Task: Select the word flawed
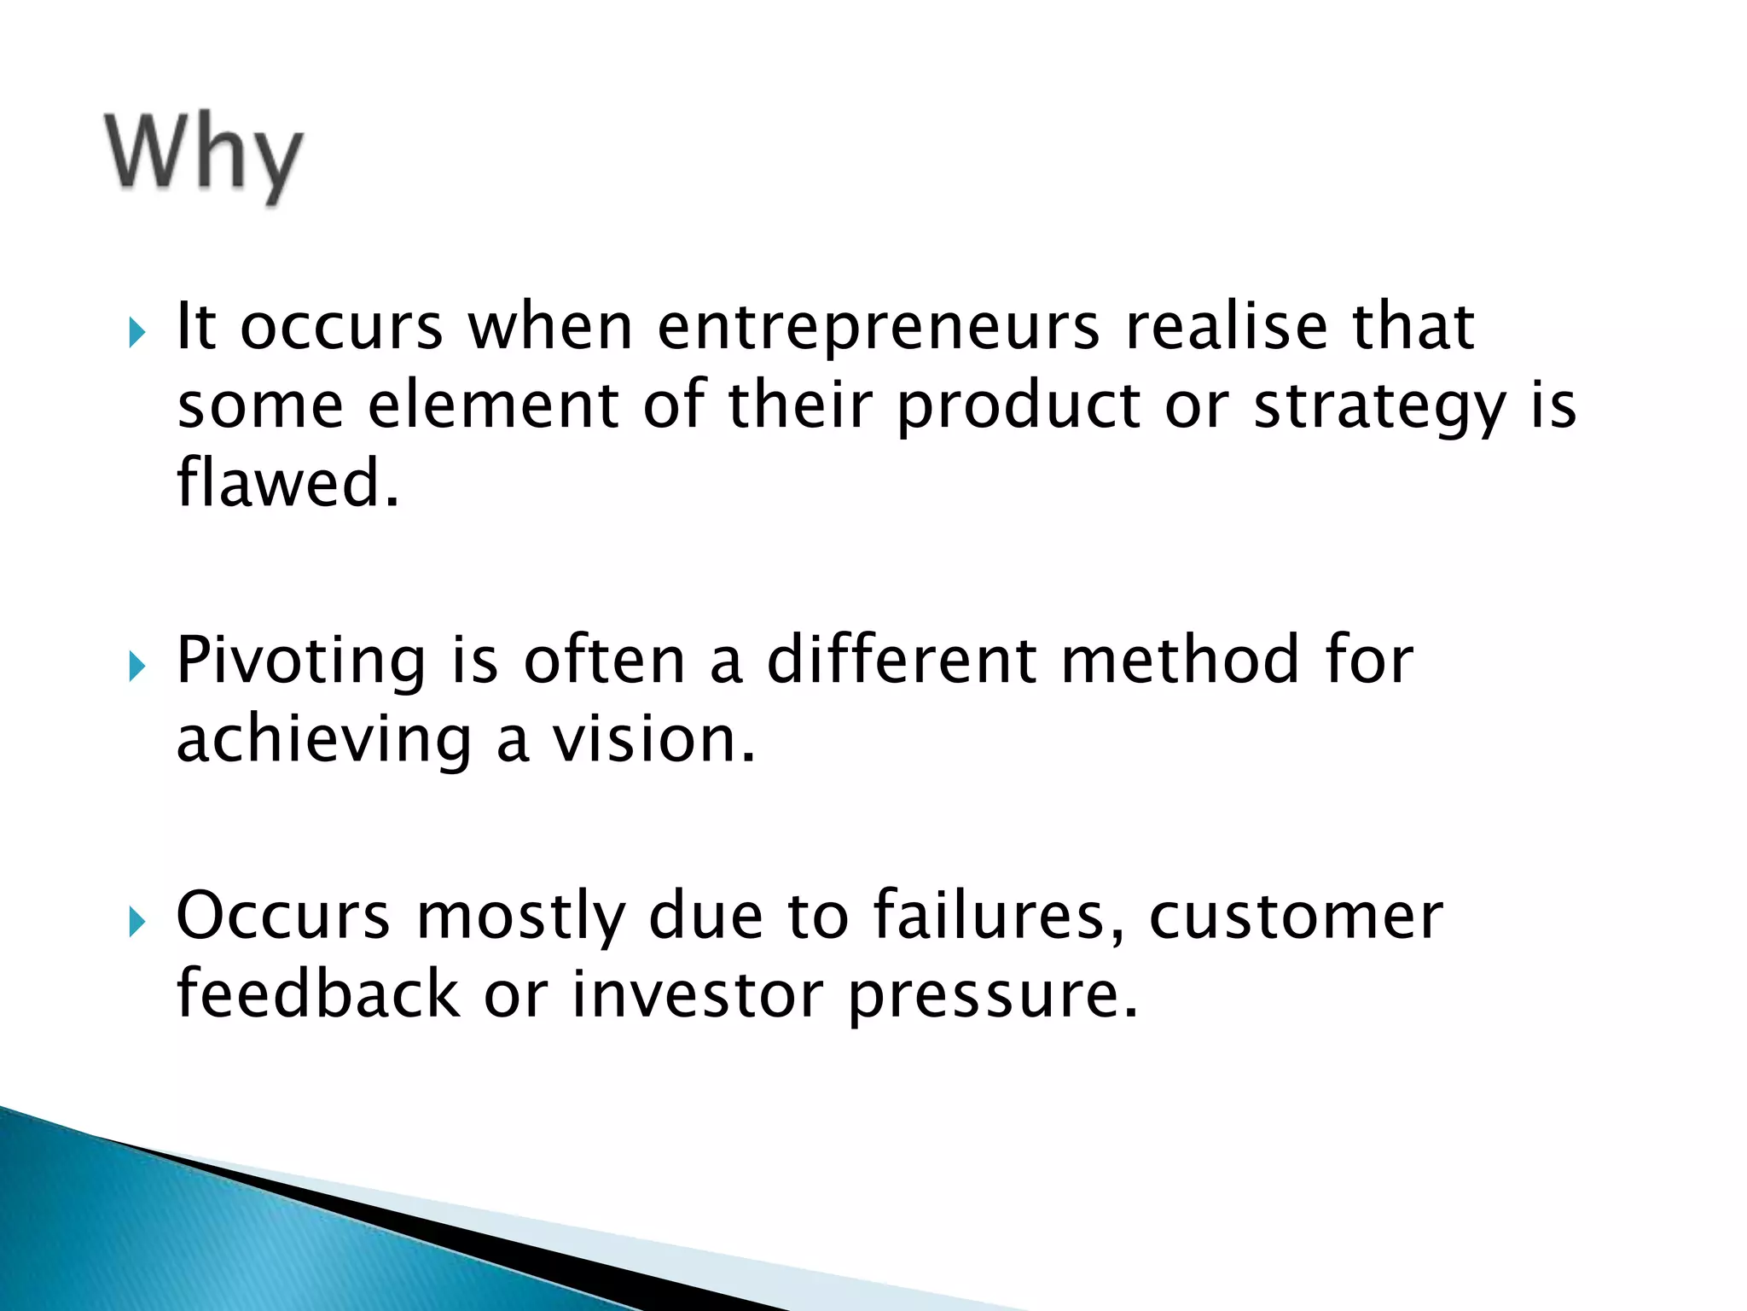287,483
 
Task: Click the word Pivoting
300,662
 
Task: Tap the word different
901,661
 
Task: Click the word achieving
323,741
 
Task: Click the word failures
998,916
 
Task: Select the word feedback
318,994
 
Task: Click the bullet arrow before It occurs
136,331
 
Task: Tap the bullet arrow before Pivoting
136,666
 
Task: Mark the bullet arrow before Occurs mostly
136,921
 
